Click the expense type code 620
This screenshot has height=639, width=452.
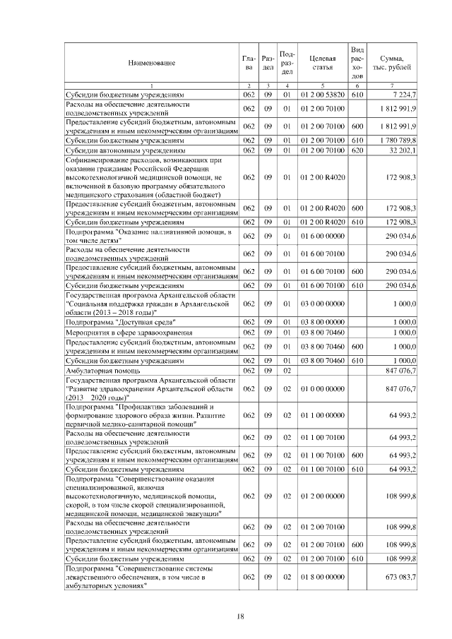click(357, 150)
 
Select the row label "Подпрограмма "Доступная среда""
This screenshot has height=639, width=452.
click(121, 322)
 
